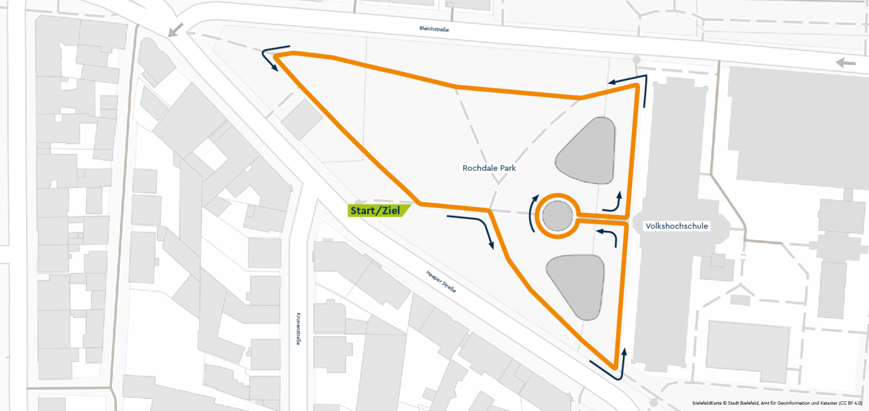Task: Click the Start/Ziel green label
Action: (x=377, y=210)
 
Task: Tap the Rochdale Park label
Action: (x=489, y=168)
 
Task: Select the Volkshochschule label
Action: (x=676, y=226)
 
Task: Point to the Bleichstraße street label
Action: (x=434, y=29)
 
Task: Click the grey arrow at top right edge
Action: (x=846, y=63)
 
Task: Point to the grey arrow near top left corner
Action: (x=176, y=31)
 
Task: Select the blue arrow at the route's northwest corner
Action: (x=271, y=60)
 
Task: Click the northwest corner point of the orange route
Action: (x=276, y=55)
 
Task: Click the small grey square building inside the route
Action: (x=302, y=118)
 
